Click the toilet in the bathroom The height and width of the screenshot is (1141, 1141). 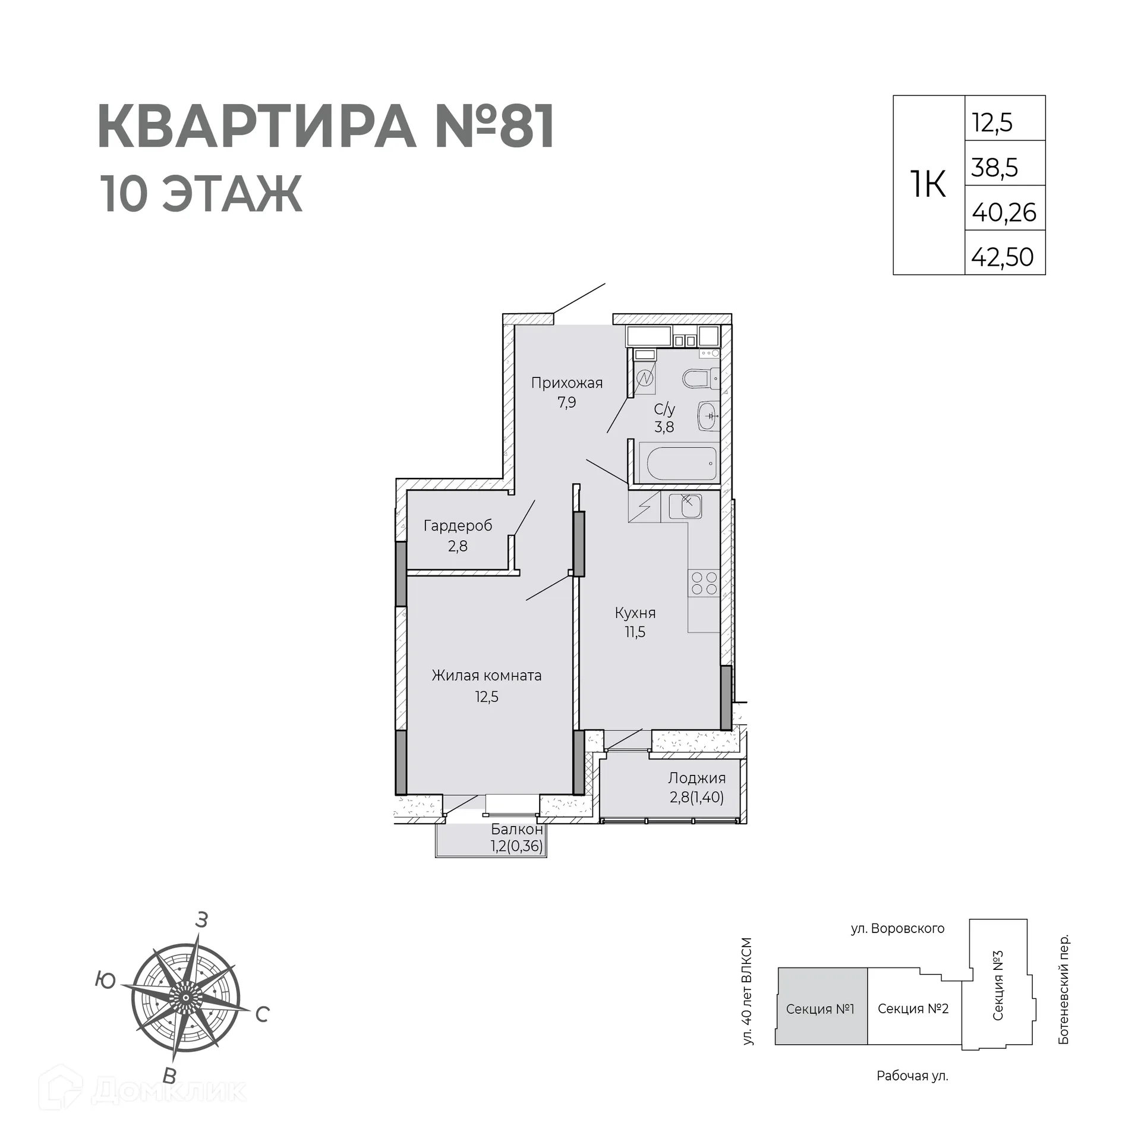tap(699, 378)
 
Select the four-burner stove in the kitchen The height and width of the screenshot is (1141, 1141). tap(704, 583)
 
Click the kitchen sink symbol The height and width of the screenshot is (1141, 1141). tap(685, 506)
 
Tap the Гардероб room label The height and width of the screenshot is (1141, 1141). tap(458, 525)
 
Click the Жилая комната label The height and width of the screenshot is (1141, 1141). tap(486, 676)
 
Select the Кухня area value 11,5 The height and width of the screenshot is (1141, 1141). tap(635, 632)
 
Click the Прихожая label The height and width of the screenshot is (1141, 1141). tap(566, 383)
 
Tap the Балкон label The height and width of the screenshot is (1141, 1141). tap(516, 829)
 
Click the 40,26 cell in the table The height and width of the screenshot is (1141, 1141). tap(1004, 213)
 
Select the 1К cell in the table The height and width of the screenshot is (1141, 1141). tap(928, 185)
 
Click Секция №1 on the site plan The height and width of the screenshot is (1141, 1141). tap(820, 1009)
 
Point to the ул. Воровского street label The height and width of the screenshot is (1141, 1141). tap(897, 928)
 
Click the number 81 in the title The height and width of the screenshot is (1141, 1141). tap(527, 127)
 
